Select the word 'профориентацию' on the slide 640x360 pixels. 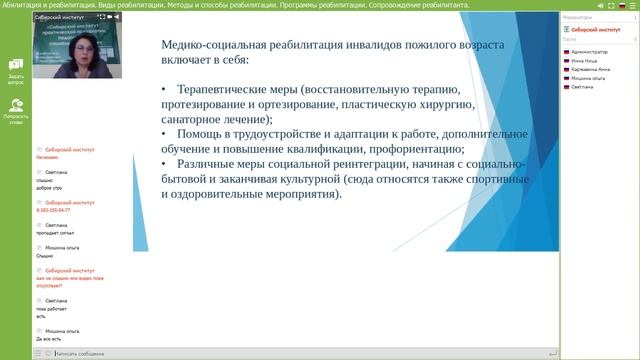(x=400, y=148)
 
